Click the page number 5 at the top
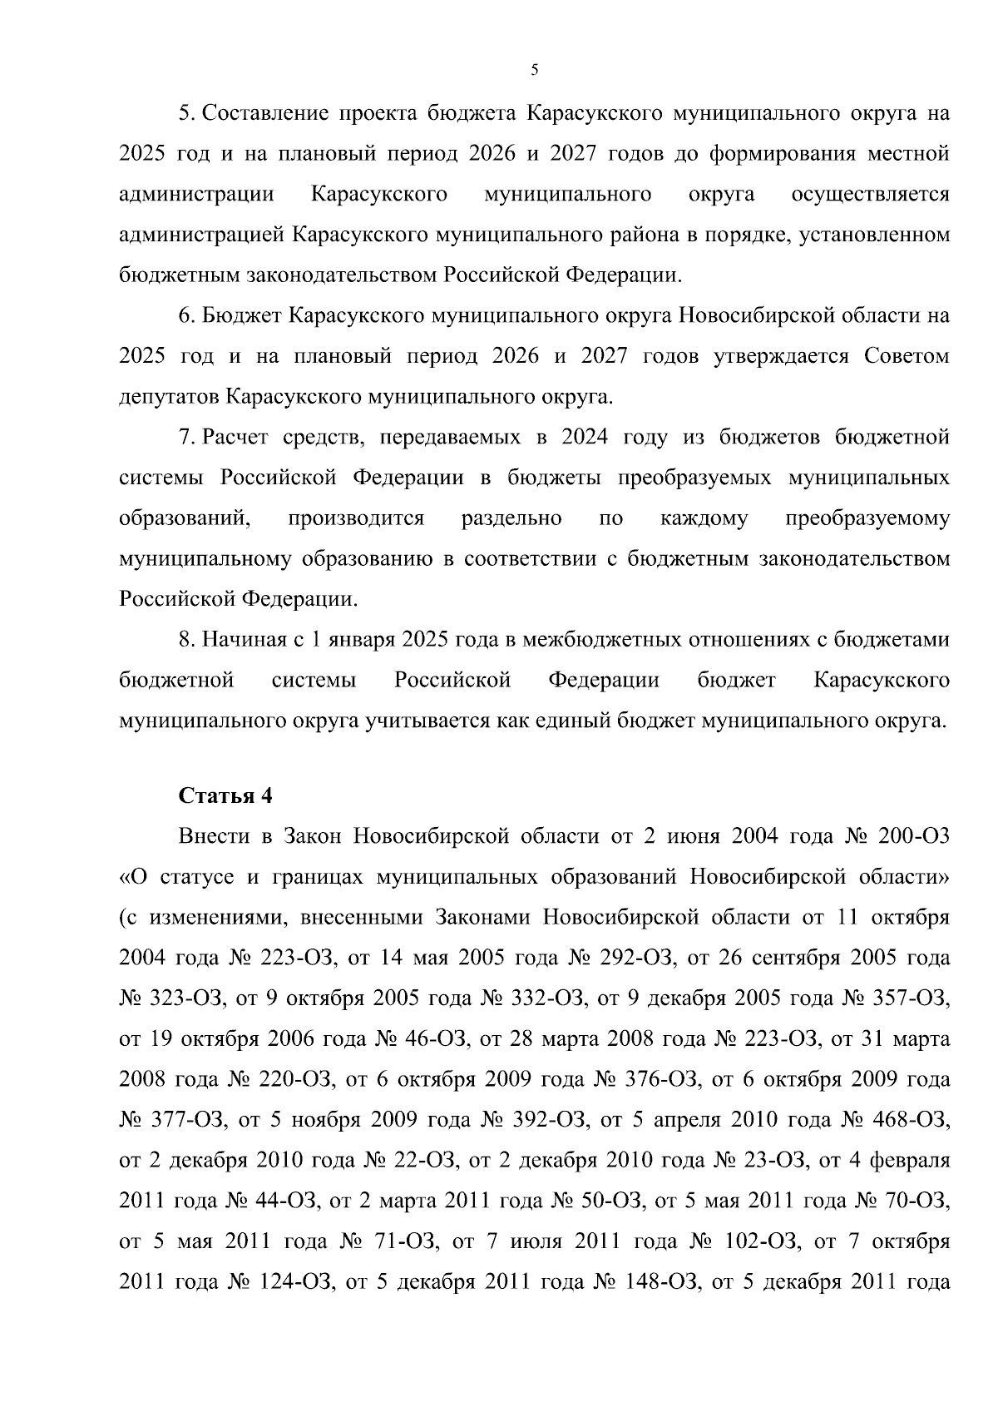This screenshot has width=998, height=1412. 534,71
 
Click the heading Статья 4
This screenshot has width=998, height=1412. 225,795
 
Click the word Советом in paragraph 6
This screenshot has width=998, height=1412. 906,357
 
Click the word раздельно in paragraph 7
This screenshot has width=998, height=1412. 511,519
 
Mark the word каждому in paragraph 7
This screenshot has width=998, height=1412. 704,519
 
